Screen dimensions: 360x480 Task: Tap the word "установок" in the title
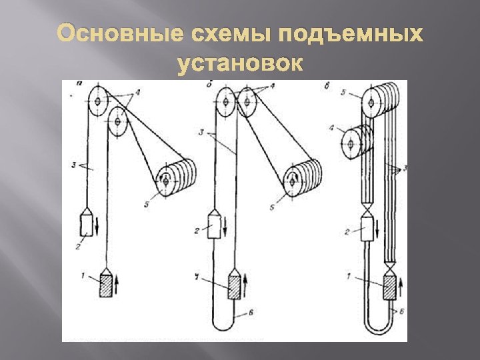coord(240,65)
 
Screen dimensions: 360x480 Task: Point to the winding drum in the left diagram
coord(173,178)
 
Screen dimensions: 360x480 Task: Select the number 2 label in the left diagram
coord(79,246)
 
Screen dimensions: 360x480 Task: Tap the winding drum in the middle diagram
coord(301,178)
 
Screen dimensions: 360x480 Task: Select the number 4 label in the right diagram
coord(332,126)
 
